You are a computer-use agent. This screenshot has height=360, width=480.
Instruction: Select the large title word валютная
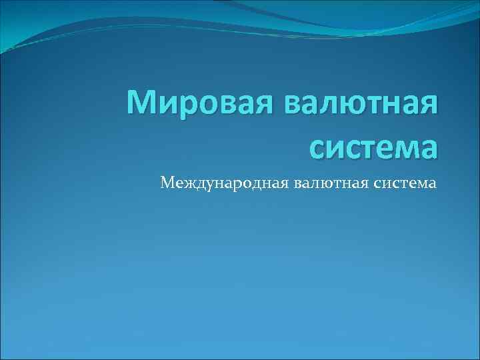[x=361, y=105]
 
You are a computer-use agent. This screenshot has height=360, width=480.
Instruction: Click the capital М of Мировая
[x=143, y=105]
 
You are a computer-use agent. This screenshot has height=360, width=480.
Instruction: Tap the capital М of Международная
[x=168, y=181]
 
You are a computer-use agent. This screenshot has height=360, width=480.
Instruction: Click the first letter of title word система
[x=319, y=146]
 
